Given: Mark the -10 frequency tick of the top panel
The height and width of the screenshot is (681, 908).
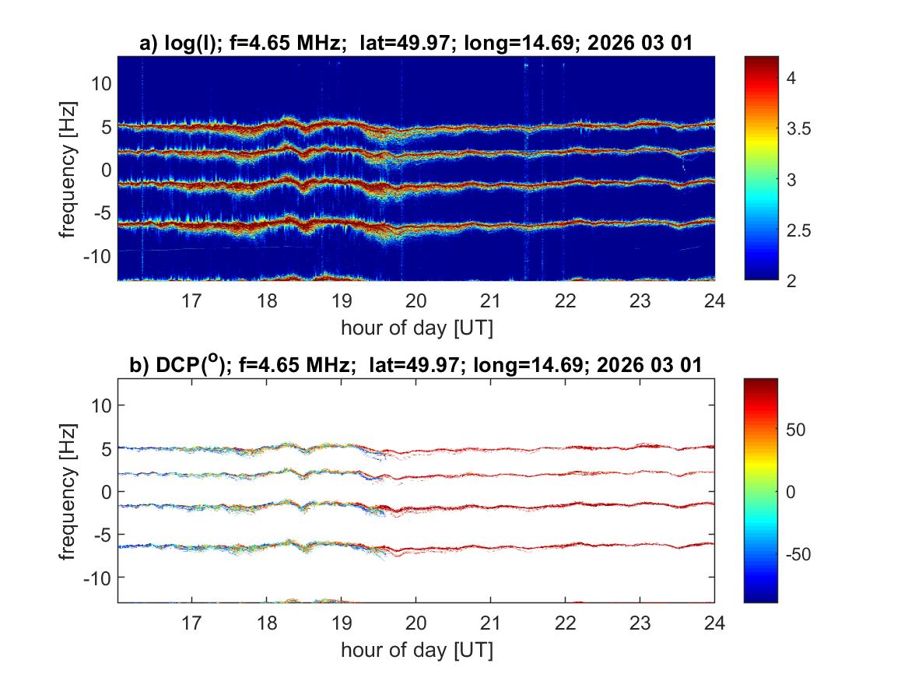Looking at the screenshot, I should [x=98, y=254].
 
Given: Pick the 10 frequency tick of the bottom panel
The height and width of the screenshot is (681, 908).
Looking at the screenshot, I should [x=102, y=405].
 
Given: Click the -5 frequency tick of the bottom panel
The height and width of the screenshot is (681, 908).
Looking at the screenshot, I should [x=102, y=534].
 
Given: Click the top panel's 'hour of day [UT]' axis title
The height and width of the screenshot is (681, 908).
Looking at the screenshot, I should [x=416, y=327].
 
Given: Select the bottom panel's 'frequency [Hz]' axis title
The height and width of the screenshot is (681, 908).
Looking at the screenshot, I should [x=69, y=491].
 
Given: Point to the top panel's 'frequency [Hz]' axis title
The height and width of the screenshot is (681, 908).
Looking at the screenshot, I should [x=69, y=169].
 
